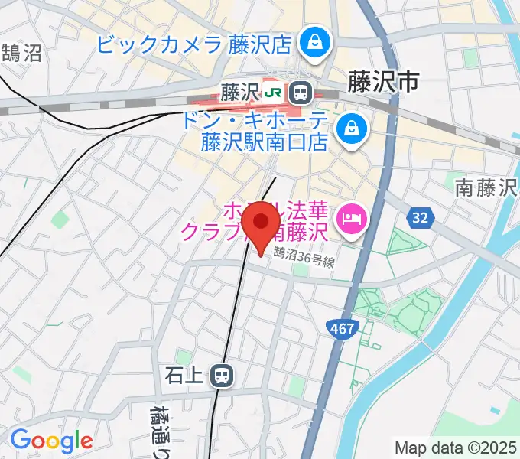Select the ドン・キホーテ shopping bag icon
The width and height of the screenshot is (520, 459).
352,126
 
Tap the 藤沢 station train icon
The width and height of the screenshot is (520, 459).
301,93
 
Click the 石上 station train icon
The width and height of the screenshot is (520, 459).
223,375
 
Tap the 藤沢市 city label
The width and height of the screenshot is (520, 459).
383,81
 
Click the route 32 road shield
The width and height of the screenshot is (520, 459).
419,219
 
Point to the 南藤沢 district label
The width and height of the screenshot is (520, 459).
486,186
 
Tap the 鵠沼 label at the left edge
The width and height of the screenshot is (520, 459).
21,54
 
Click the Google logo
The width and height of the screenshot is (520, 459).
51,441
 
